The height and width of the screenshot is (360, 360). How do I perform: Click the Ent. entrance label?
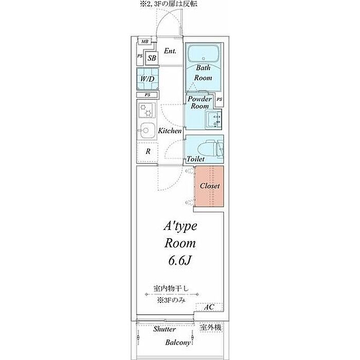(170, 51)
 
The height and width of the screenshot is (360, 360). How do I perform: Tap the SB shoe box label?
(152, 59)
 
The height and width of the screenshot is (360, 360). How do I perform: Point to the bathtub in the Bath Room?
(204, 53)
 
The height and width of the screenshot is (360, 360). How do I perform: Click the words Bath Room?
(203, 73)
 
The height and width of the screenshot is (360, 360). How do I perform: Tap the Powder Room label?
(200, 102)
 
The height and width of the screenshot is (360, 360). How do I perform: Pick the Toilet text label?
(196, 159)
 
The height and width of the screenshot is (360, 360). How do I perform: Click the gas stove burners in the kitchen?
(148, 111)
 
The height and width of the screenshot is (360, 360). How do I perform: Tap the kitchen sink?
(148, 130)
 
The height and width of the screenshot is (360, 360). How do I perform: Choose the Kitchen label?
(170, 131)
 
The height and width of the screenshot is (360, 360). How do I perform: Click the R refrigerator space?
(148, 152)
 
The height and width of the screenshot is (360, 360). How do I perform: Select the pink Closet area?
(209, 186)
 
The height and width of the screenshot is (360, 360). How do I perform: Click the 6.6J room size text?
(179, 261)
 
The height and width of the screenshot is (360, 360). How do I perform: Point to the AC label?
(209, 307)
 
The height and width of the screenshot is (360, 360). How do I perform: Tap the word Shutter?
(165, 329)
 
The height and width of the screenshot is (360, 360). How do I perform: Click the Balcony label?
(178, 342)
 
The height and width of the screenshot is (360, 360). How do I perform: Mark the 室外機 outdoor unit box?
(212, 328)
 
